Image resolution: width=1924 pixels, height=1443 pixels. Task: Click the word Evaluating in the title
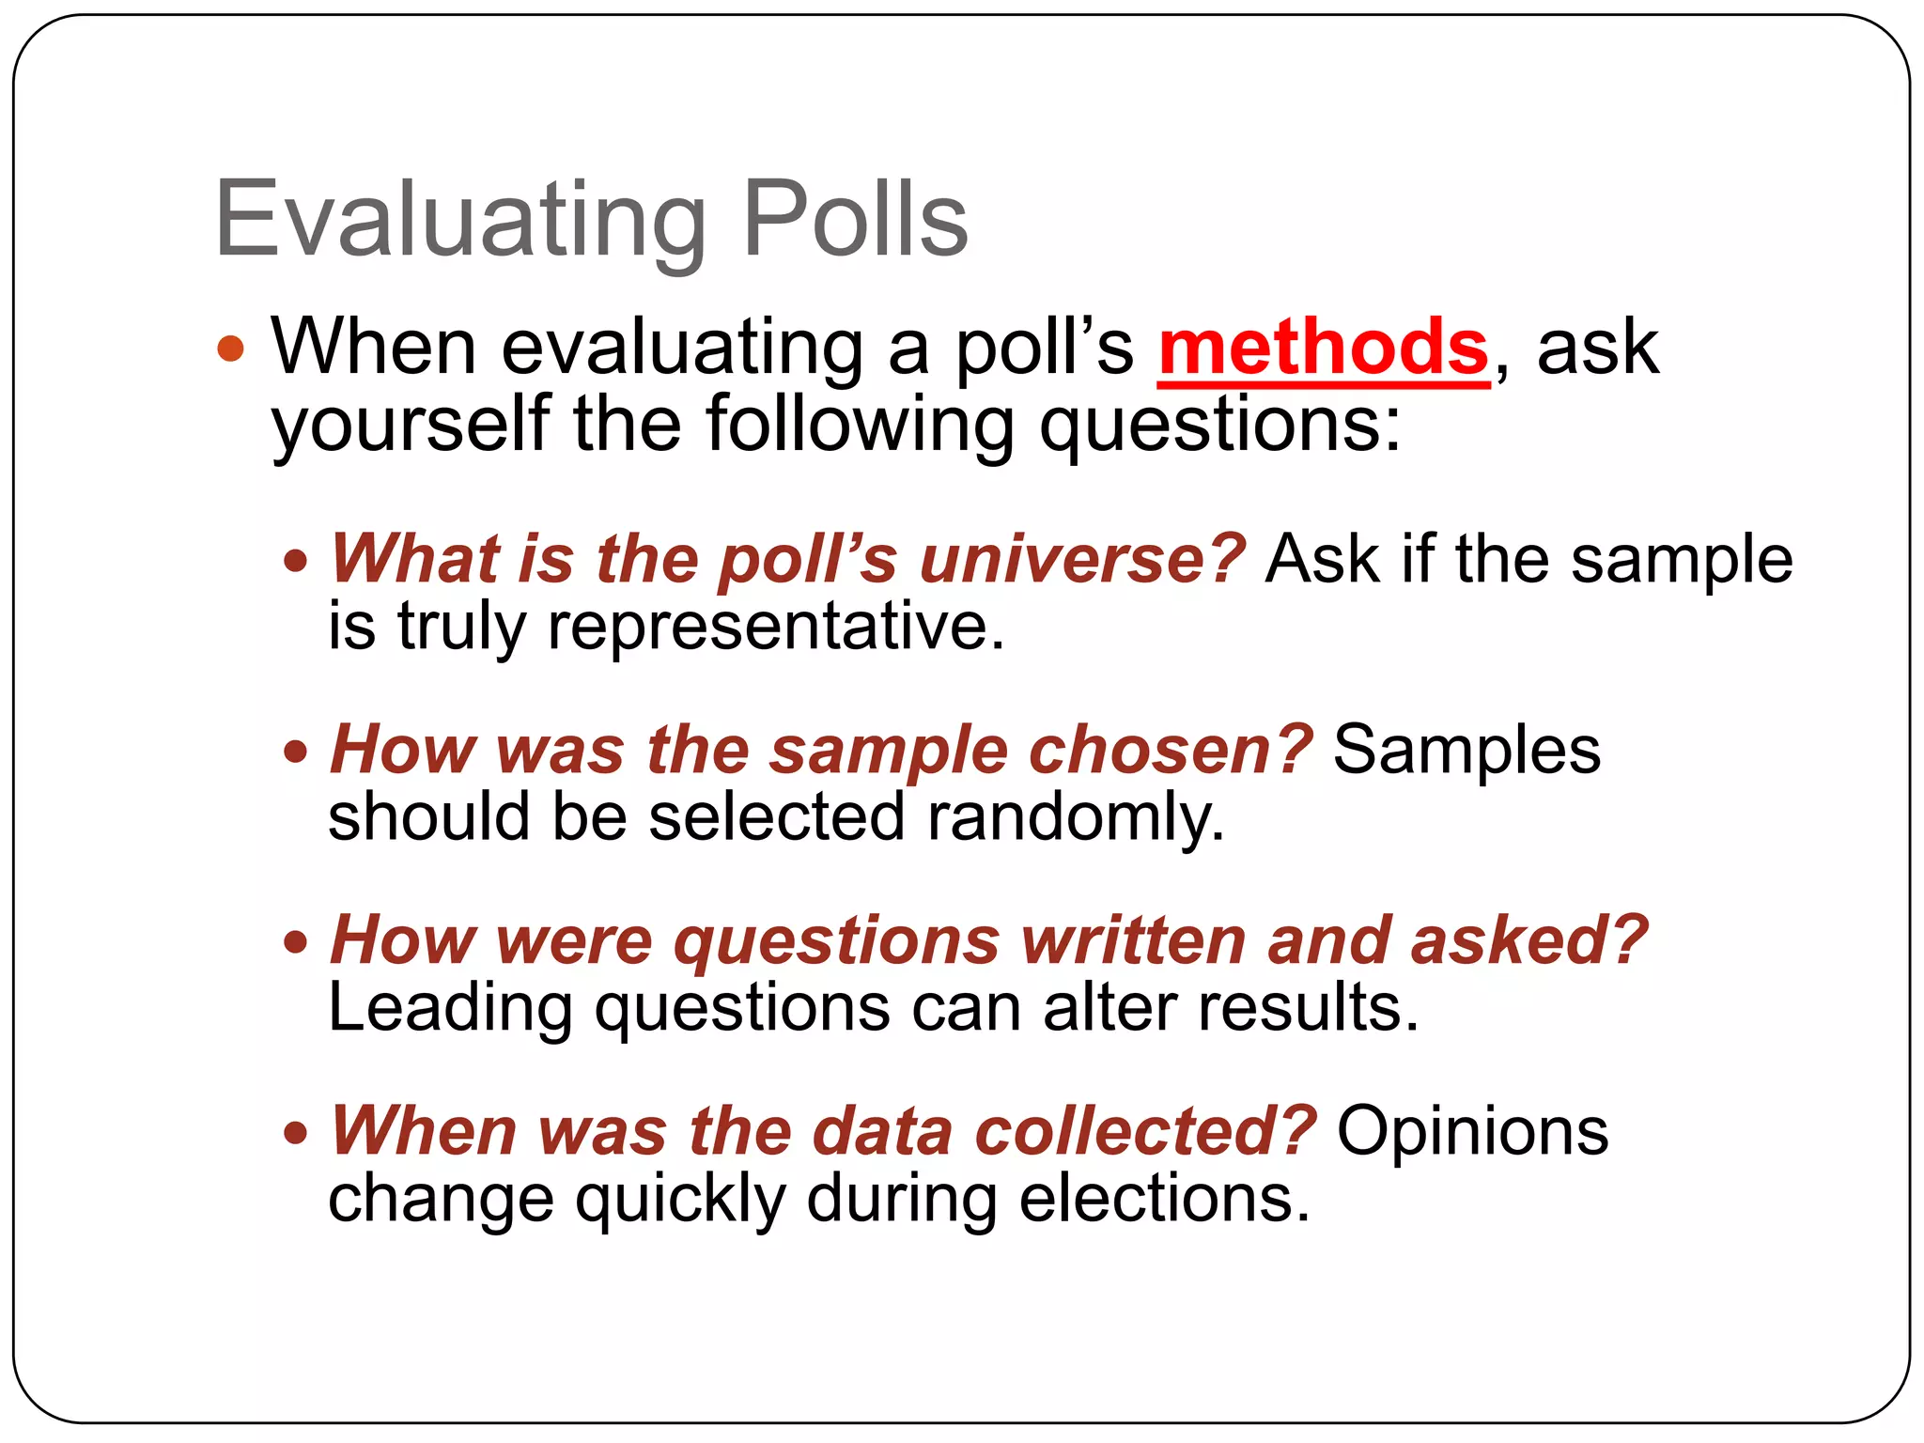pos(460,222)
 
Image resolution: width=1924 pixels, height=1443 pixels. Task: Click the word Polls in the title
pos(855,220)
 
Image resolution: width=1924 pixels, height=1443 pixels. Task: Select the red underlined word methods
pos(1324,349)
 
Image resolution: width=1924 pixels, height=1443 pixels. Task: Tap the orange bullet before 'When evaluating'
pos(230,349)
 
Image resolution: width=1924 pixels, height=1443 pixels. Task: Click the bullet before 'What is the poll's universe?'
pos(296,562)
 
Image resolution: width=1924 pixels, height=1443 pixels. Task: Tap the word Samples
pos(1466,751)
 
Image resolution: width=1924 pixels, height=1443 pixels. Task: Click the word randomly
pos(1076,816)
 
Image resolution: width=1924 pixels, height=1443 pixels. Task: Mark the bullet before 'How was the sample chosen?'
pos(296,752)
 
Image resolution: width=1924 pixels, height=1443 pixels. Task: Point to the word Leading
pos(450,1009)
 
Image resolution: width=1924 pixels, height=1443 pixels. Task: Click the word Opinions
pos(1472,1131)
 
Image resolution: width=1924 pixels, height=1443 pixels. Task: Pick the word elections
pos(1164,1199)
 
